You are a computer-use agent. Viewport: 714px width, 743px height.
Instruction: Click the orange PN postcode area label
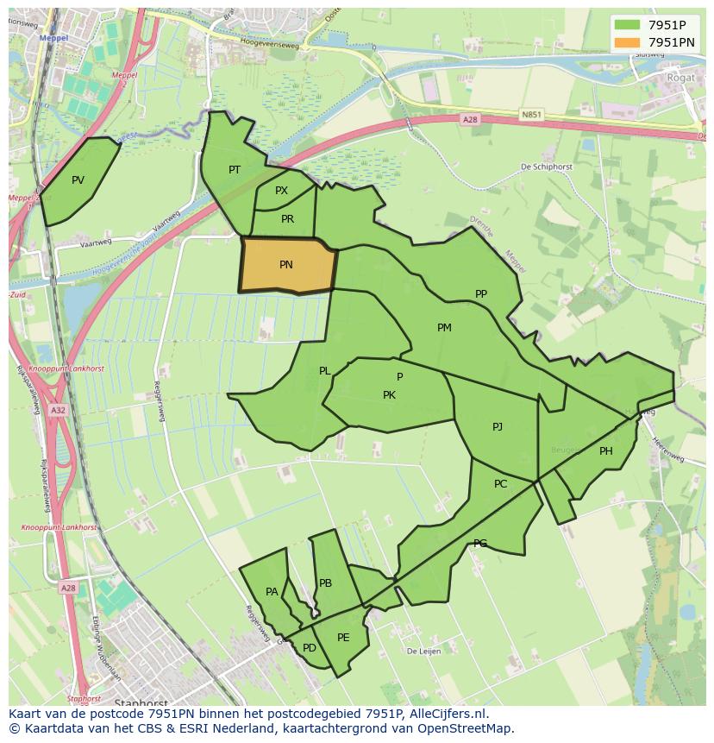click(285, 265)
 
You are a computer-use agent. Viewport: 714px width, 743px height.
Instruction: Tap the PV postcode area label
click(78, 180)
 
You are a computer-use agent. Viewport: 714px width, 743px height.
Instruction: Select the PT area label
click(235, 170)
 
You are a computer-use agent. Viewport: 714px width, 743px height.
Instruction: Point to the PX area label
click(281, 191)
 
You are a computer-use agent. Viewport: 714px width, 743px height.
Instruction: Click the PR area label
click(287, 219)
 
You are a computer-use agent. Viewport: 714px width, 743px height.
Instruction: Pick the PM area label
click(444, 327)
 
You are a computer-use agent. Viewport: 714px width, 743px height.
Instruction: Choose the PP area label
click(481, 294)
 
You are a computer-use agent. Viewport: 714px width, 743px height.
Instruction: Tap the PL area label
click(324, 371)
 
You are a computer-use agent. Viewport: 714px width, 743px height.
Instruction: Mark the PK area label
click(389, 395)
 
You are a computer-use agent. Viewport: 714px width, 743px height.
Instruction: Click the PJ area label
click(498, 427)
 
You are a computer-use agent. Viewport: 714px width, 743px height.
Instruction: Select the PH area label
click(606, 451)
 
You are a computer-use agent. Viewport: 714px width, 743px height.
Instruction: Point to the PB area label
click(325, 583)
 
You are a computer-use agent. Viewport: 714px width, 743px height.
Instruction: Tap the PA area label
click(272, 592)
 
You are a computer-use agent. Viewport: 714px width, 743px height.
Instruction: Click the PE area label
click(343, 638)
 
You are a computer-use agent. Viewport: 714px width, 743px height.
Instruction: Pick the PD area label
click(309, 648)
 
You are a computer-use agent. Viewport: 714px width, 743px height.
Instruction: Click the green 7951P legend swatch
click(626, 24)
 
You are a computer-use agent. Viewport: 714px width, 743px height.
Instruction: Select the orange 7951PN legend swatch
click(626, 42)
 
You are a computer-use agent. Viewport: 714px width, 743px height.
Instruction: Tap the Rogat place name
click(680, 78)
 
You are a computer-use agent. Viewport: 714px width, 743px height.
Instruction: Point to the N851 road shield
click(532, 113)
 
